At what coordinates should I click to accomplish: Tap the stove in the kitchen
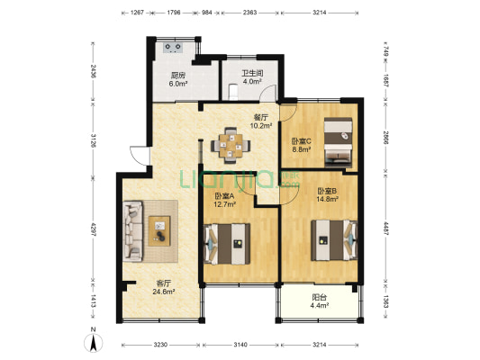click(x=173, y=48)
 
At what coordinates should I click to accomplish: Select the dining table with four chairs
click(x=231, y=146)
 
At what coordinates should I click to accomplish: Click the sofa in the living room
click(x=133, y=231)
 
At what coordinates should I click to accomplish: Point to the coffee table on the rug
click(x=159, y=231)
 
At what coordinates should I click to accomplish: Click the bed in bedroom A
click(x=227, y=244)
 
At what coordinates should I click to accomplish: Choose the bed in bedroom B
click(x=334, y=240)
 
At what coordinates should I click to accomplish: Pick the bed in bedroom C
click(x=339, y=142)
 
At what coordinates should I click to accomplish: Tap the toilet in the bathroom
click(x=233, y=92)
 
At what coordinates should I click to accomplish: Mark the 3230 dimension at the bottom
click(x=160, y=345)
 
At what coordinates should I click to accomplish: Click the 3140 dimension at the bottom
click(x=240, y=345)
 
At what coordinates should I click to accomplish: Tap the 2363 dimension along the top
click(x=249, y=13)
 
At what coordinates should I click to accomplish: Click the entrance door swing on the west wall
click(x=140, y=156)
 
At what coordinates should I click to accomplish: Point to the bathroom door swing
click(x=268, y=94)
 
